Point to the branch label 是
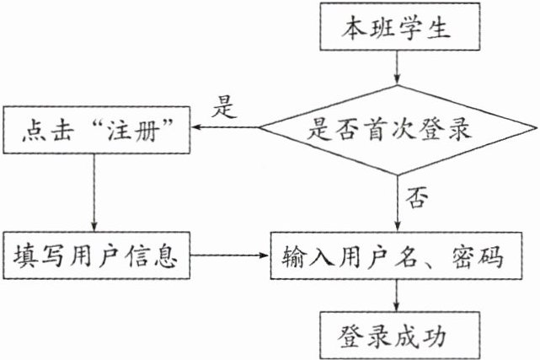224,107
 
